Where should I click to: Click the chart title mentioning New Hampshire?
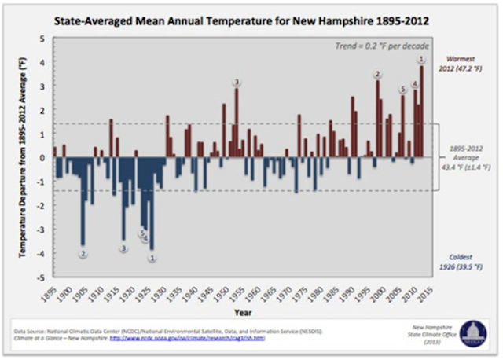pyautogui.click(x=251, y=17)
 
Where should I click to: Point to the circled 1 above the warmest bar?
pyautogui.click(x=422, y=60)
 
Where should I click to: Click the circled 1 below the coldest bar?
pyautogui.click(x=152, y=257)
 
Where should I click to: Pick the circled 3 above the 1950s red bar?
pyautogui.click(x=237, y=83)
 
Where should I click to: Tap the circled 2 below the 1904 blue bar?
pyautogui.click(x=83, y=254)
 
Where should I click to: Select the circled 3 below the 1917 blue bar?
pyautogui.click(x=123, y=248)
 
